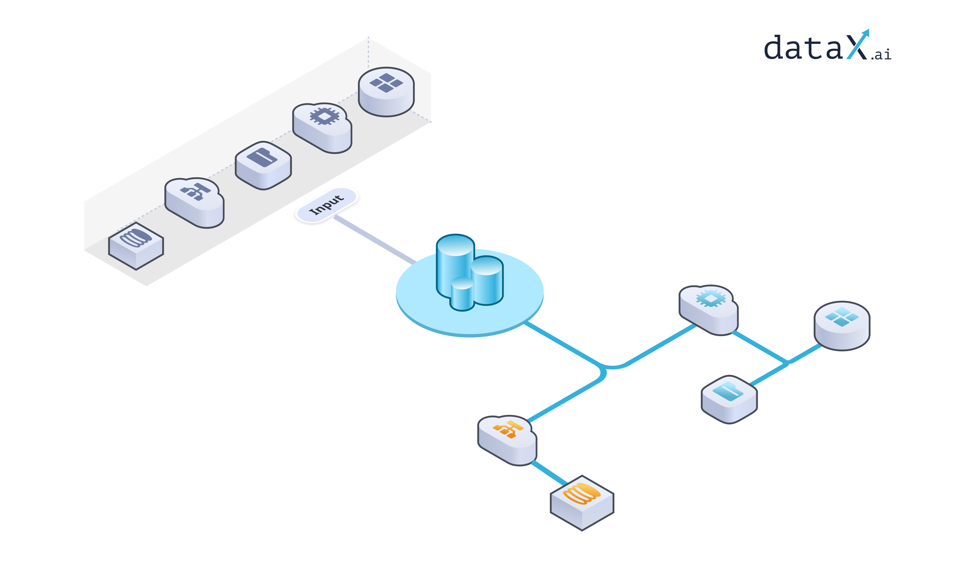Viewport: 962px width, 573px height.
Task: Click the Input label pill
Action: point(326,205)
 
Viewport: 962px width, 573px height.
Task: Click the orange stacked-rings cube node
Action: point(581,502)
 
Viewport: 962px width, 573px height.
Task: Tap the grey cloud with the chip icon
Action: point(322,127)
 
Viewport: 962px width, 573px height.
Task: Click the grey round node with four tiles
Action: point(386,92)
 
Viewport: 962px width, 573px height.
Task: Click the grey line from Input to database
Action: point(374,239)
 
